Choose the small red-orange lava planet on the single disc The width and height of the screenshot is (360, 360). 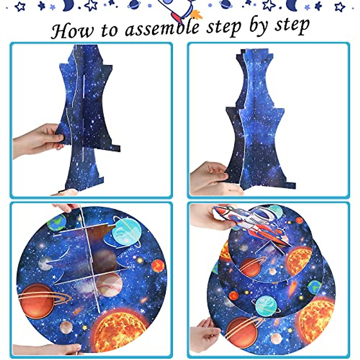158,266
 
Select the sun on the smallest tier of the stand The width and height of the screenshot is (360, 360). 298,261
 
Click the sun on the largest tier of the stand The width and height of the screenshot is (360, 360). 316,318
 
